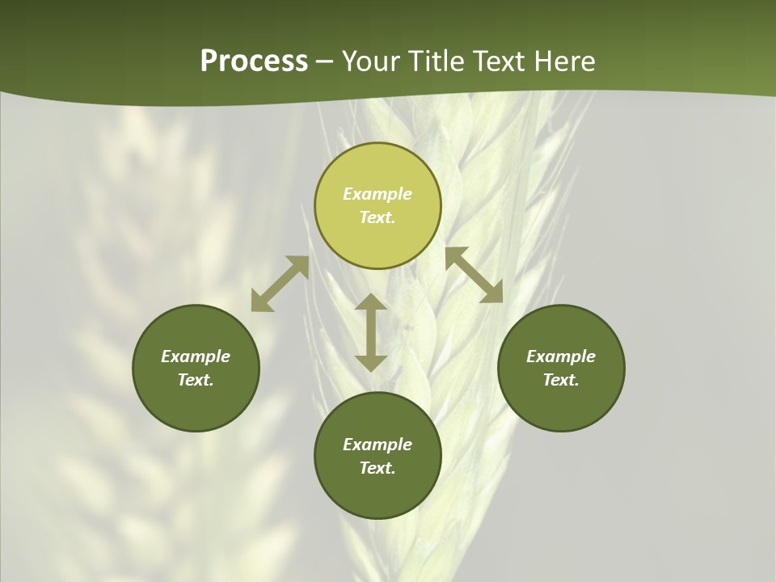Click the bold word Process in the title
254,61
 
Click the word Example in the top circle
377,194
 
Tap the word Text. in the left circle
196,380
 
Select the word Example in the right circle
561,356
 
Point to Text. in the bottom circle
377,468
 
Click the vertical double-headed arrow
371,332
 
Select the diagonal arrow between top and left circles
280,284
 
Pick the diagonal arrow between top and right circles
474,275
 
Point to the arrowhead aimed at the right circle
492,293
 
